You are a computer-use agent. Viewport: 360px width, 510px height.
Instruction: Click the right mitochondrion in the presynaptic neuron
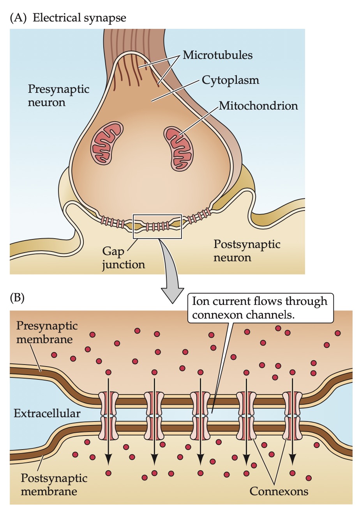pos(180,147)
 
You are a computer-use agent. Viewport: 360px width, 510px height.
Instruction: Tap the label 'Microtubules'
pos(217,55)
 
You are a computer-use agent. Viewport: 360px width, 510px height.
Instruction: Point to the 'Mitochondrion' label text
pos(258,105)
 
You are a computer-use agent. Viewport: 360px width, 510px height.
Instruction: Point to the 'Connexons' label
pos(279,491)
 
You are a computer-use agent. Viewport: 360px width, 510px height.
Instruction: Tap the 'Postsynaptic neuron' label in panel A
pos(247,251)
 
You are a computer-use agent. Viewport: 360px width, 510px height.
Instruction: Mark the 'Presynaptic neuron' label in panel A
pos(58,96)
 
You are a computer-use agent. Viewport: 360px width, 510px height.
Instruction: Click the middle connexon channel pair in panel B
pos(200,414)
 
